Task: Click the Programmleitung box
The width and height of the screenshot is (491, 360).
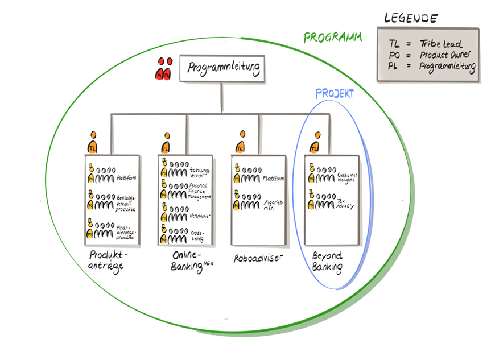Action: [222, 69]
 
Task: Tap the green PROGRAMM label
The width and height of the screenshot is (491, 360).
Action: [332, 38]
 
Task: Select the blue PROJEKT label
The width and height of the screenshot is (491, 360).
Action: [335, 94]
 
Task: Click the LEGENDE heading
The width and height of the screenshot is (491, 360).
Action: [410, 18]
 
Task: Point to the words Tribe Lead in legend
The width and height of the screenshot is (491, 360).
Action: [441, 44]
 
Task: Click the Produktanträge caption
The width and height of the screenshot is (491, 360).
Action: [109, 260]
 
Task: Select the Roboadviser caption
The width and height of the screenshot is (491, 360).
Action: [258, 259]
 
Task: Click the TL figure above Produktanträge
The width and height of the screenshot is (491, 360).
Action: [93, 143]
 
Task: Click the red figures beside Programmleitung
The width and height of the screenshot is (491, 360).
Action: [164, 69]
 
